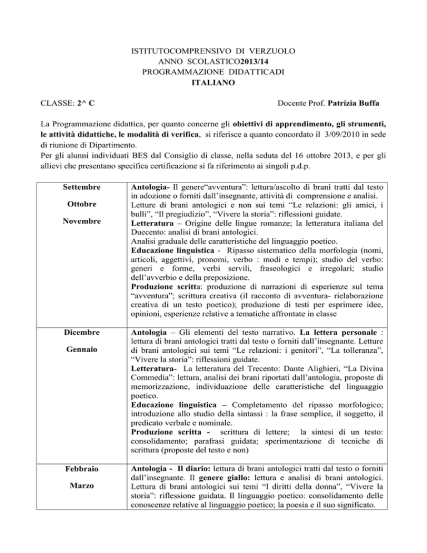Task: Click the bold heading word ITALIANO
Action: [213, 83]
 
